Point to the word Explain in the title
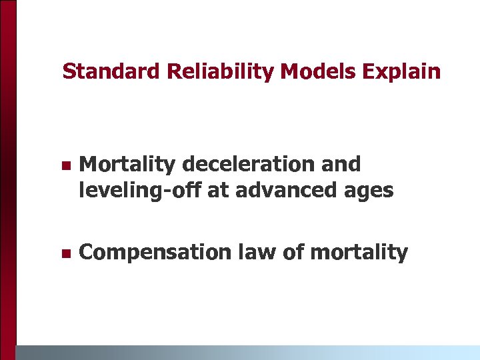[x=403, y=71]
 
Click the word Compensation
[x=155, y=253]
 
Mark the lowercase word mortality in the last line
[x=359, y=253]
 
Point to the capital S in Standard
[x=68, y=71]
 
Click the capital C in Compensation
[x=85, y=253]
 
